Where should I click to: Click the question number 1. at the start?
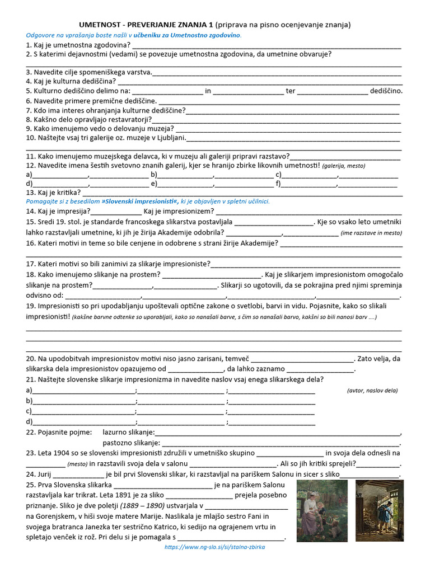tap(29, 45)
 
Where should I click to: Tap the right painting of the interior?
tap(380, 510)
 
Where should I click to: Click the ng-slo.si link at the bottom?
tap(214, 547)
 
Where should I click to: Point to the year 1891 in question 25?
tap(131, 495)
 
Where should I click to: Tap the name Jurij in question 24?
tap(48, 474)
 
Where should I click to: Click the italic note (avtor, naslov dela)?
tap(372, 390)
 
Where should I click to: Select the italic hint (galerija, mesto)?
tap(343, 166)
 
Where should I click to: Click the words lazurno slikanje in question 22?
tap(128, 432)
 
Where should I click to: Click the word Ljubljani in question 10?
tap(168, 138)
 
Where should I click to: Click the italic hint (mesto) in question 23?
tap(77, 464)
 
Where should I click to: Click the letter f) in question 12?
tap(278, 183)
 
